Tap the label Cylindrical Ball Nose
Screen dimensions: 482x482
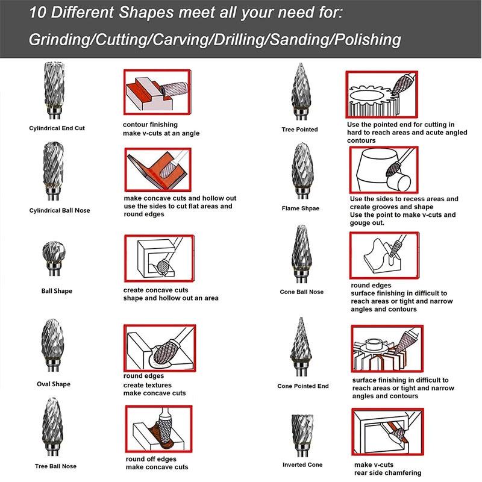pyautogui.click(x=60, y=210)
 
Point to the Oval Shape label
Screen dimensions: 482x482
pyautogui.click(x=54, y=384)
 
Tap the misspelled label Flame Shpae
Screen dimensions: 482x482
pyautogui.click(x=300, y=208)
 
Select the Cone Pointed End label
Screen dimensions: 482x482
pyautogui.click(x=303, y=386)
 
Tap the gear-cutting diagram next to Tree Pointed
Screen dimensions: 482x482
pyautogui.click(x=381, y=95)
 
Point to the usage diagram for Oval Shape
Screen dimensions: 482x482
pyautogui.click(x=160, y=348)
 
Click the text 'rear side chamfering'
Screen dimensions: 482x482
pyautogui.click(x=387, y=473)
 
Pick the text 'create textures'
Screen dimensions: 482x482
pyautogui.click(x=148, y=385)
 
